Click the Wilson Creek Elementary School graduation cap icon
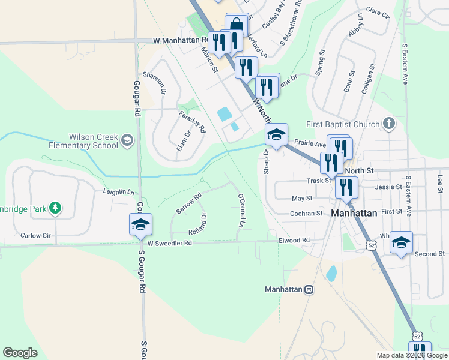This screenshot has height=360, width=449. (127, 140)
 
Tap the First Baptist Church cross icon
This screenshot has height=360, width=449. (389, 124)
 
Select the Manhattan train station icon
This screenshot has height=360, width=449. (309, 289)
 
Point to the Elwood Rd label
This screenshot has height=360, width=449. (294, 240)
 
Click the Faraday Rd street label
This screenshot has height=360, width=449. (192, 121)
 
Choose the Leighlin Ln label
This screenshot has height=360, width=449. (118, 192)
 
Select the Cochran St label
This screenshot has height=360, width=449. (307, 213)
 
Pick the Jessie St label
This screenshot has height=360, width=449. (388, 187)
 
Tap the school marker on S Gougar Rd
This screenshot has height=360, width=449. (140, 225)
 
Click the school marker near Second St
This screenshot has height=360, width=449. (401, 242)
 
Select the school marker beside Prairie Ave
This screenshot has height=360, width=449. (276, 134)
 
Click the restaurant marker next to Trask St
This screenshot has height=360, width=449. (346, 188)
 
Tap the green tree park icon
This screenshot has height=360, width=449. (55, 208)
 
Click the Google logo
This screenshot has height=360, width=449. (20, 353)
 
